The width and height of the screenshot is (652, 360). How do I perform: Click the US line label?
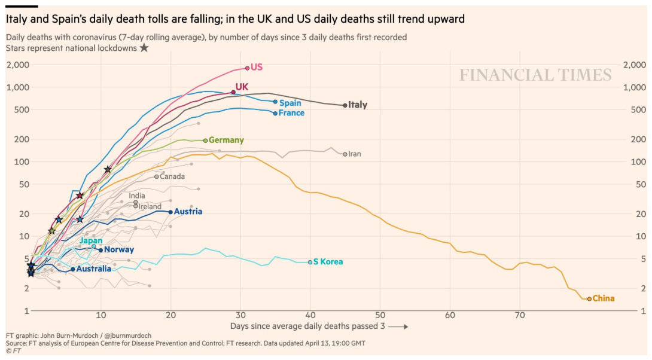click(x=257, y=67)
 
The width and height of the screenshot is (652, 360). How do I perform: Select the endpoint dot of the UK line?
click(x=233, y=92)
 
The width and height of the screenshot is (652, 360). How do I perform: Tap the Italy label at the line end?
click(x=358, y=105)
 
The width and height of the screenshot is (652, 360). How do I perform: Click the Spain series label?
click(x=291, y=103)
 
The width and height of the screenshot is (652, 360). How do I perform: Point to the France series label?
click(x=291, y=113)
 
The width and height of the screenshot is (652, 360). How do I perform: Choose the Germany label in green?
click(x=226, y=140)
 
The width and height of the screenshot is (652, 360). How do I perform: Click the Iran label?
click(x=355, y=154)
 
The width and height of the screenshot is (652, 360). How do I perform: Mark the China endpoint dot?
click(x=589, y=298)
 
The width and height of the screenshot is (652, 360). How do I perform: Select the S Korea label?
click(x=328, y=262)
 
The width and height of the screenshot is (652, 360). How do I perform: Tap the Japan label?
click(x=91, y=240)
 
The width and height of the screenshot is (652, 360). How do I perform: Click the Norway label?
click(x=119, y=250)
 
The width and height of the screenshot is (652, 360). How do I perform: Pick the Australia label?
click(x=94, y=269)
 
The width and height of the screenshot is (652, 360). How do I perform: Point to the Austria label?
click(x=188, y=212)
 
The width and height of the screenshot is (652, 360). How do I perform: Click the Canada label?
click(x=172, y=176)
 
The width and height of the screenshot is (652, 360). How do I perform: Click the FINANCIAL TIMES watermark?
click(x=535, y=75)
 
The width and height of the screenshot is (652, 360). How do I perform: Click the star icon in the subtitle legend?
click(x=144, y=48)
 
